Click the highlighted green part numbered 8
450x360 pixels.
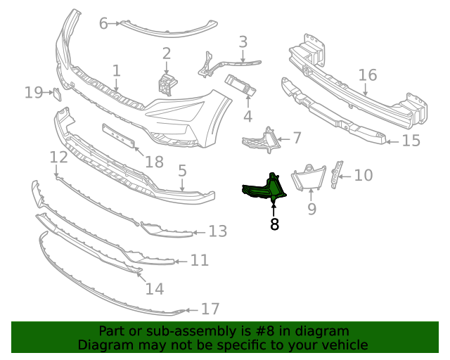coord(264,189)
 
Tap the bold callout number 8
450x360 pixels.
coord(274,225)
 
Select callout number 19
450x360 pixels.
coord(34,92)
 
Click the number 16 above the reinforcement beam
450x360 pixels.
coord(368,75)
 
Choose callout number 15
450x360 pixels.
coord(411,141)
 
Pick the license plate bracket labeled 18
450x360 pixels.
coord(119,136)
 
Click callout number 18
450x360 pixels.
coord(154,162)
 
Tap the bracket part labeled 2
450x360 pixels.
coord(167,84)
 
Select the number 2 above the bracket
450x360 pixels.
coord(167,53)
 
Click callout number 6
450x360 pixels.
coord(103,24)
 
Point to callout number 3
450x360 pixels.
coord(243,42)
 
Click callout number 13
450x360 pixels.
coord(218,231)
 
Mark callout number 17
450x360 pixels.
coord(210,309)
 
